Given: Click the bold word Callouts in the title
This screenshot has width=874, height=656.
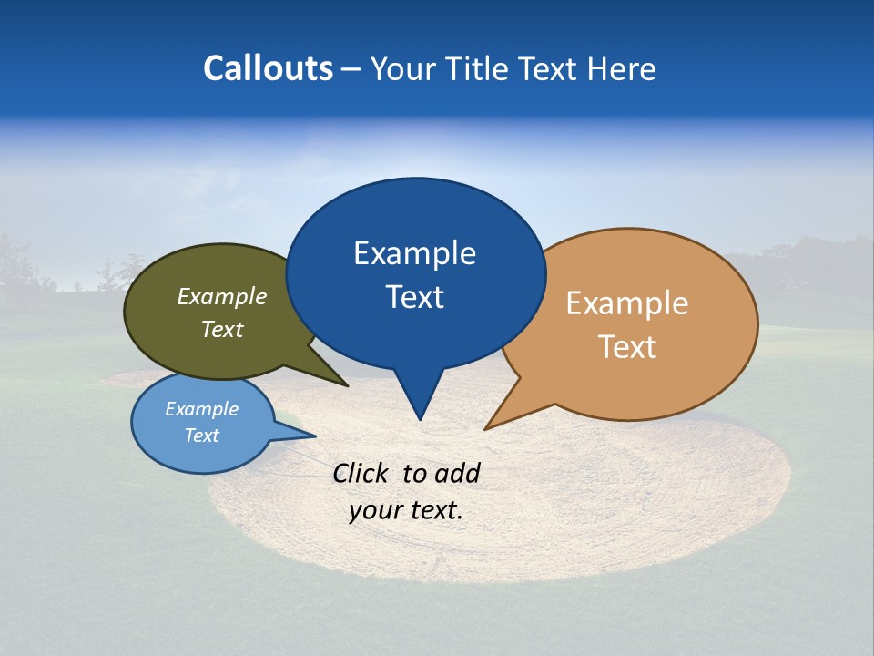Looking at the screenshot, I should pos(268,68).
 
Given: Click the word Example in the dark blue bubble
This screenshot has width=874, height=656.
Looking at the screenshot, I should pos(414,253).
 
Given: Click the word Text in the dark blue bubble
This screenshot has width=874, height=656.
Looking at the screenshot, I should pos(414,297).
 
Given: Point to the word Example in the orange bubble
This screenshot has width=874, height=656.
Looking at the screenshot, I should pos(627,303).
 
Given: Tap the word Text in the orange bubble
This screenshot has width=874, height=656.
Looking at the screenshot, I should pos(627,347).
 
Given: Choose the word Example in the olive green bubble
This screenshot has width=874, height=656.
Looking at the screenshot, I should pos(222,296).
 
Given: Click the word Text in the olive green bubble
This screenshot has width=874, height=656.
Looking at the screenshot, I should pos(222,329).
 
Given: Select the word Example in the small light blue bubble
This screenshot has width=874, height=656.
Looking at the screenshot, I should pos(201,409).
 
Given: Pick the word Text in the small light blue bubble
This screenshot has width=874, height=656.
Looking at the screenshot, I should pos(201,436).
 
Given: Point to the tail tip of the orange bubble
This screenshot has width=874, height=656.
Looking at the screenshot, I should pos(485,429).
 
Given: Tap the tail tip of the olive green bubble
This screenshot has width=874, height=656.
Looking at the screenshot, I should pos(348,386).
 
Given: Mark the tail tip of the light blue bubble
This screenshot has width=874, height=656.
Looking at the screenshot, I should pos(315,436).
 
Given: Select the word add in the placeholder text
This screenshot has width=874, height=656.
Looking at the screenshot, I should pos(456,473).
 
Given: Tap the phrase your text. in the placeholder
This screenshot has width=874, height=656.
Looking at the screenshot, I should pos(406,509).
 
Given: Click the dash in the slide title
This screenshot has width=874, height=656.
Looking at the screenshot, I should pos(351,69).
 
